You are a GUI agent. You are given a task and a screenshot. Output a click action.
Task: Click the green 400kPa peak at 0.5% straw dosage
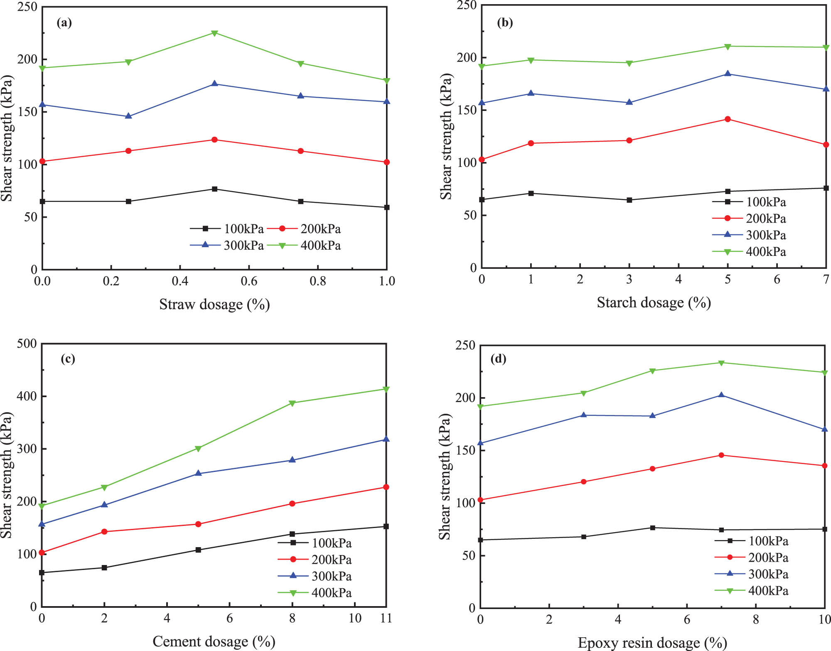point(214,33)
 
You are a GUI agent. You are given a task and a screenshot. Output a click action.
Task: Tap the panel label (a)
point(64,22)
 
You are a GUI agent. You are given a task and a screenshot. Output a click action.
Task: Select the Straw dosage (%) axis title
point(214,305)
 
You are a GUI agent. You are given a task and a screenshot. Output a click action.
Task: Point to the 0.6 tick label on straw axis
point(249,281)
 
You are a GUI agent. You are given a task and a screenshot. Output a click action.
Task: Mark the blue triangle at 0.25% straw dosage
point(128,116)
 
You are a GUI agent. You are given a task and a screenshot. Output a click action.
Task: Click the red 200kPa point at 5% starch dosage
point(728,119)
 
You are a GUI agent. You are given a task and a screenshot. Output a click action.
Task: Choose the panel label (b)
point(505,22)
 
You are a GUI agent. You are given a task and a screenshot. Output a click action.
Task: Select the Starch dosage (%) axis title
point(654,302)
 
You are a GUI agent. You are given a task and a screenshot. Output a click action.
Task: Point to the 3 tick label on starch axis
point(629,280)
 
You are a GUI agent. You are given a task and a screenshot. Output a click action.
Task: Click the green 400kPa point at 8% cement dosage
point(292,403)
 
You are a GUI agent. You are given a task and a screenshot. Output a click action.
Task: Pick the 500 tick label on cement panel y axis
point(27,344)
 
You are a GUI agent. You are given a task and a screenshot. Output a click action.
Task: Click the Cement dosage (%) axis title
point(214,641)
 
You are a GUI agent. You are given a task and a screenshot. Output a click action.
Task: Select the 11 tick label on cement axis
point(386,618)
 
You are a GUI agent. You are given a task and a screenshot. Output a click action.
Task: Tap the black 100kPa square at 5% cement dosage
point(198,550)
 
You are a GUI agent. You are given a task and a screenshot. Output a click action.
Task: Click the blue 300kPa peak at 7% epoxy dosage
point(721,395)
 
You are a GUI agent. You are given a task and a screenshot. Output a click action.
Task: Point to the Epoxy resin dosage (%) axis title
point(652,643)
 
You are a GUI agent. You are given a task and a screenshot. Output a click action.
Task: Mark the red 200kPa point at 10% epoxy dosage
point(825,466)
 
